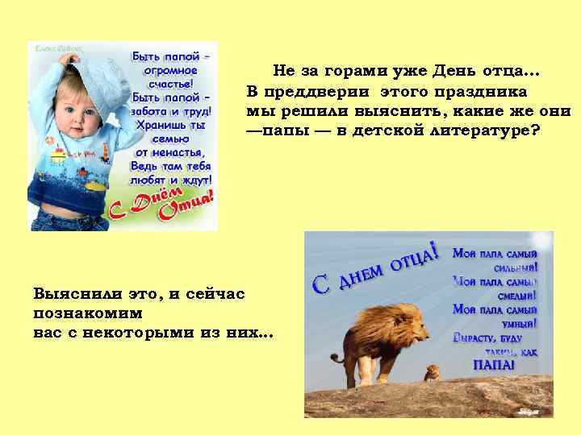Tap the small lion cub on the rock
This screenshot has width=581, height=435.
432,372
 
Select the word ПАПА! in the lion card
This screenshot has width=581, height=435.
493,365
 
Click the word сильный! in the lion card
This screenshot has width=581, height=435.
517,267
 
